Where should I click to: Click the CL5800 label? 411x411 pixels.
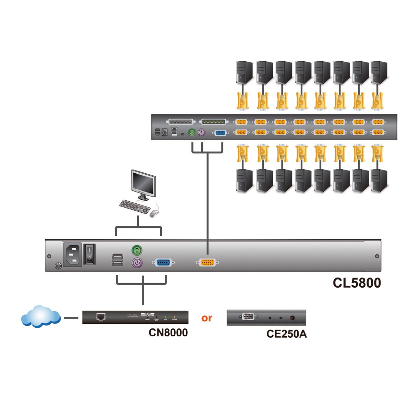click(x=357, y=283)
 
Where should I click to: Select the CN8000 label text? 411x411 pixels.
click(x=168, y=332)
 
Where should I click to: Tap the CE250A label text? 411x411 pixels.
click(x=286, y=334)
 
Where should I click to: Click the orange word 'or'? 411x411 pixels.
click(x=207, y=318)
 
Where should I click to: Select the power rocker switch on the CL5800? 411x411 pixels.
click(x=89, y=254)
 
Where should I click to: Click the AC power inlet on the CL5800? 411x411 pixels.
click(x=72, y=254)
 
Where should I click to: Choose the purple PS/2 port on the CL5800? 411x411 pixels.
click(x=137, y=263)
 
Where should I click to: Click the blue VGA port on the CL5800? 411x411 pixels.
click(x=165, y=263)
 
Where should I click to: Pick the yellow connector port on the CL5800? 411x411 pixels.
click(x=207, y=263)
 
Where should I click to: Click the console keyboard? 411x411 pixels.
click(x=135, y=207)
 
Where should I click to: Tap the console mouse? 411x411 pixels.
click(x=154, y=213)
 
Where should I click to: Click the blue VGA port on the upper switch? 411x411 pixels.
click(x=220, y=133)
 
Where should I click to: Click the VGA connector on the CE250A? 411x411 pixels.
click(x=248, y=317)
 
